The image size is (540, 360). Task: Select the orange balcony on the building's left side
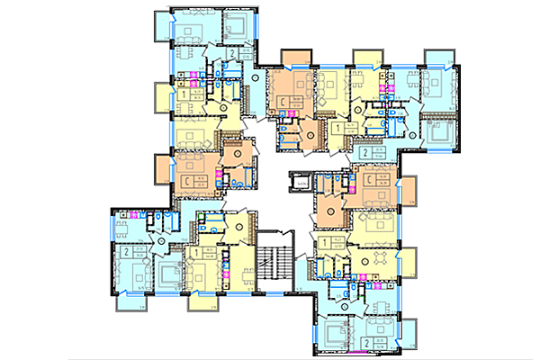[164, 168]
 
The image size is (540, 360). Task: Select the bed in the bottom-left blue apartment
[139, 270]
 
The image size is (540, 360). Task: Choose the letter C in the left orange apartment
[187, 183]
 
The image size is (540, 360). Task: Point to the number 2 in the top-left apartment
[231, 55]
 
